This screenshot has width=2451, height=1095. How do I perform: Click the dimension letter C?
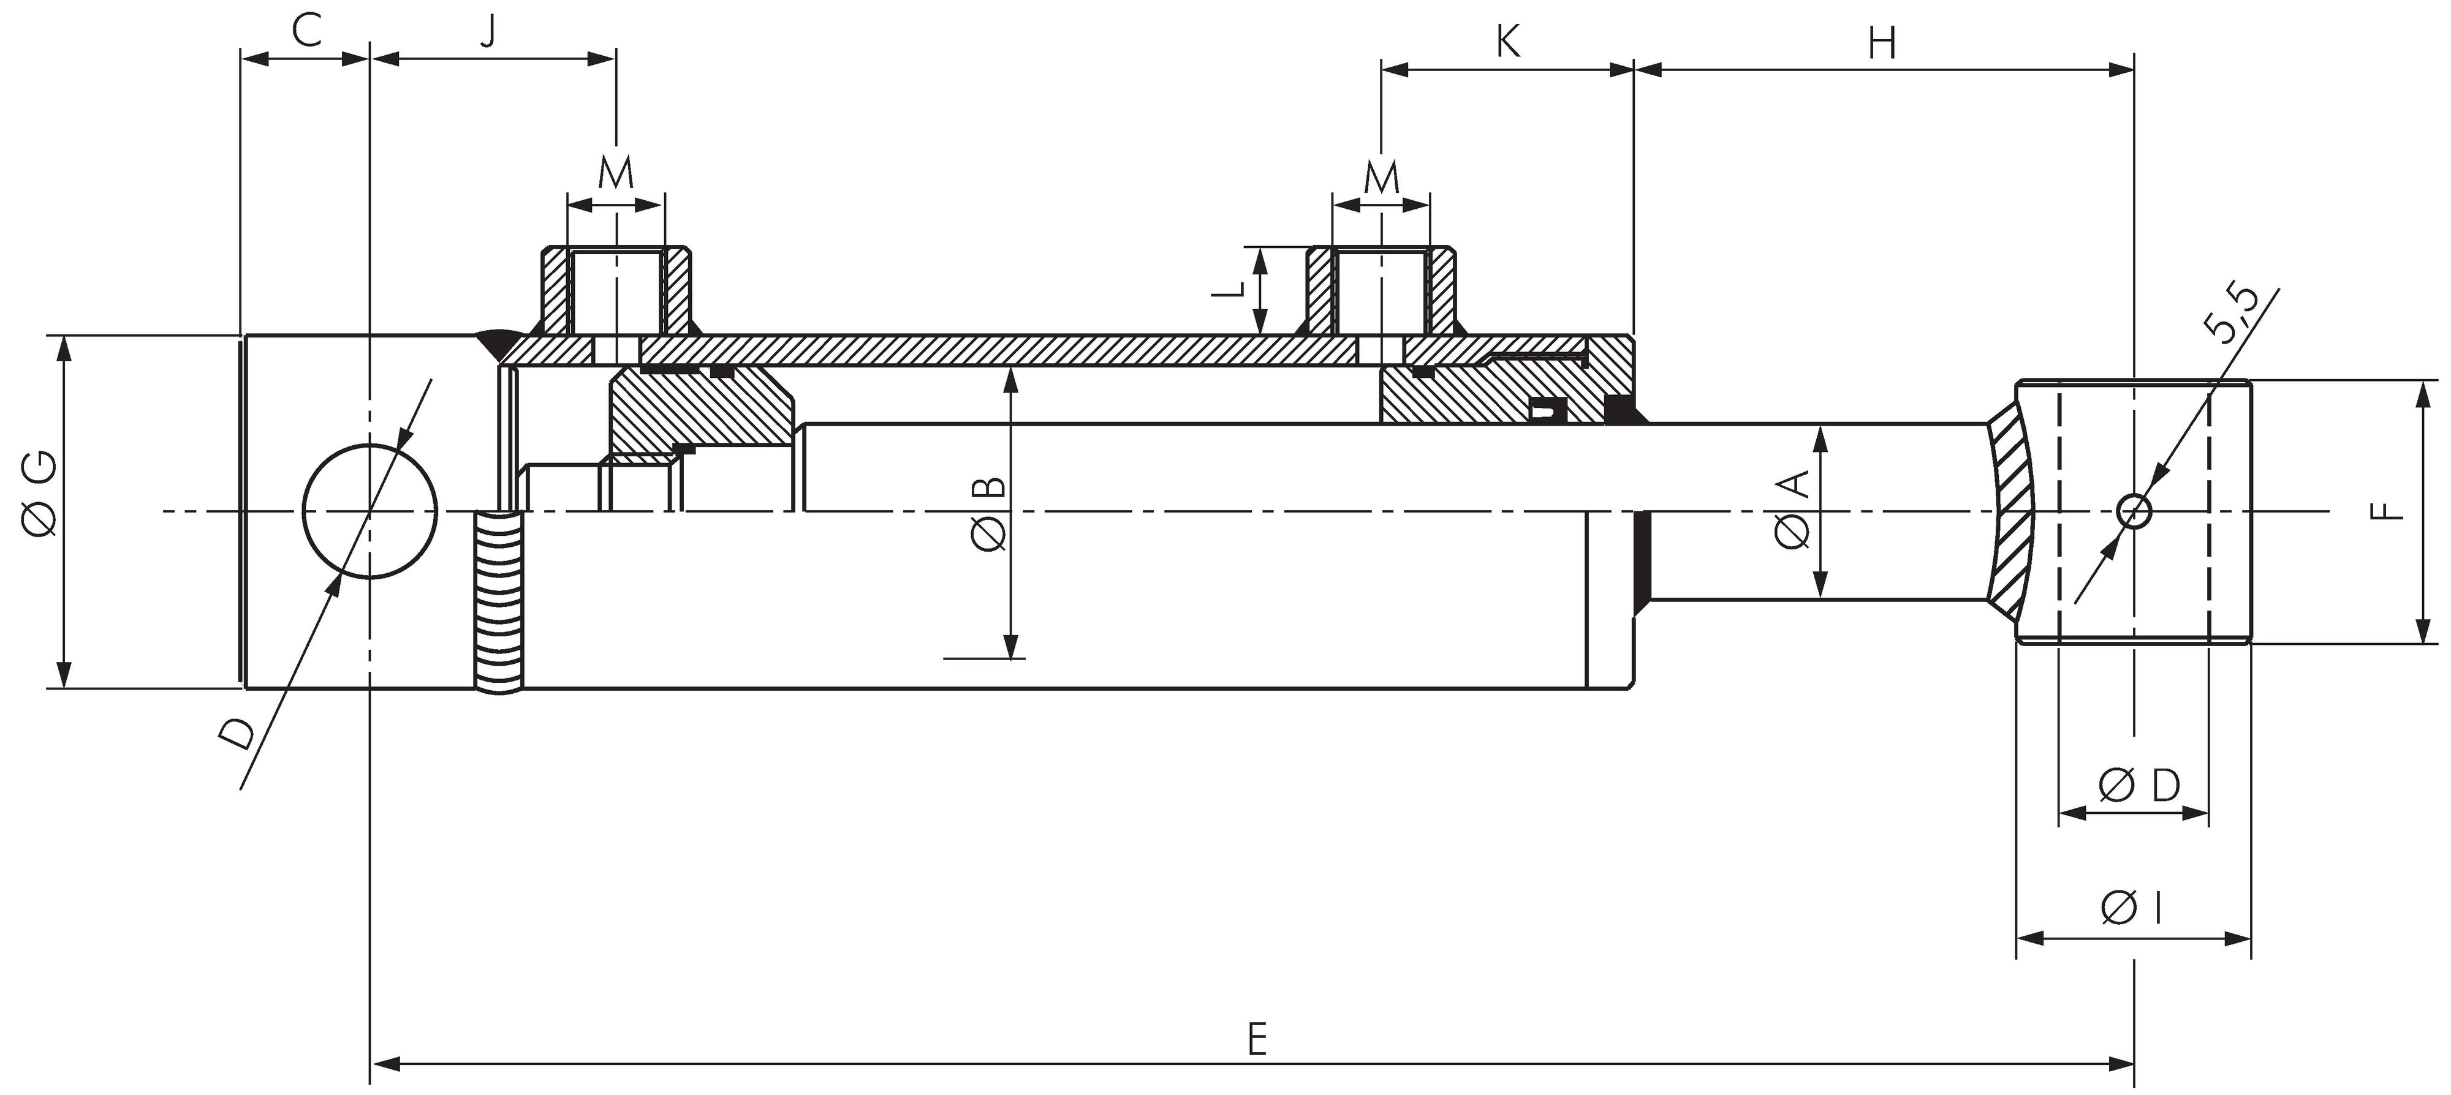[x=305, y=31]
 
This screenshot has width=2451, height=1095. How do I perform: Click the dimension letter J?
[x=487, y=31]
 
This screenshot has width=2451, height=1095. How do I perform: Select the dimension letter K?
[x=1508, y=42]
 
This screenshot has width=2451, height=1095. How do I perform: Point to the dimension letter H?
[x=1882, y=43]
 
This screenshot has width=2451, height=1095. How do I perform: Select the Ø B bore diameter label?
[x=988, y=514]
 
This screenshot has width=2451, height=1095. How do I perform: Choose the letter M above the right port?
[x=1382, y=176]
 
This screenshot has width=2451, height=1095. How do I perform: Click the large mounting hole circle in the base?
[x=370, y=511]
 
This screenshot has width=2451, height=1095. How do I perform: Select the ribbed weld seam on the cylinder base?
[x=499, y=601]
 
